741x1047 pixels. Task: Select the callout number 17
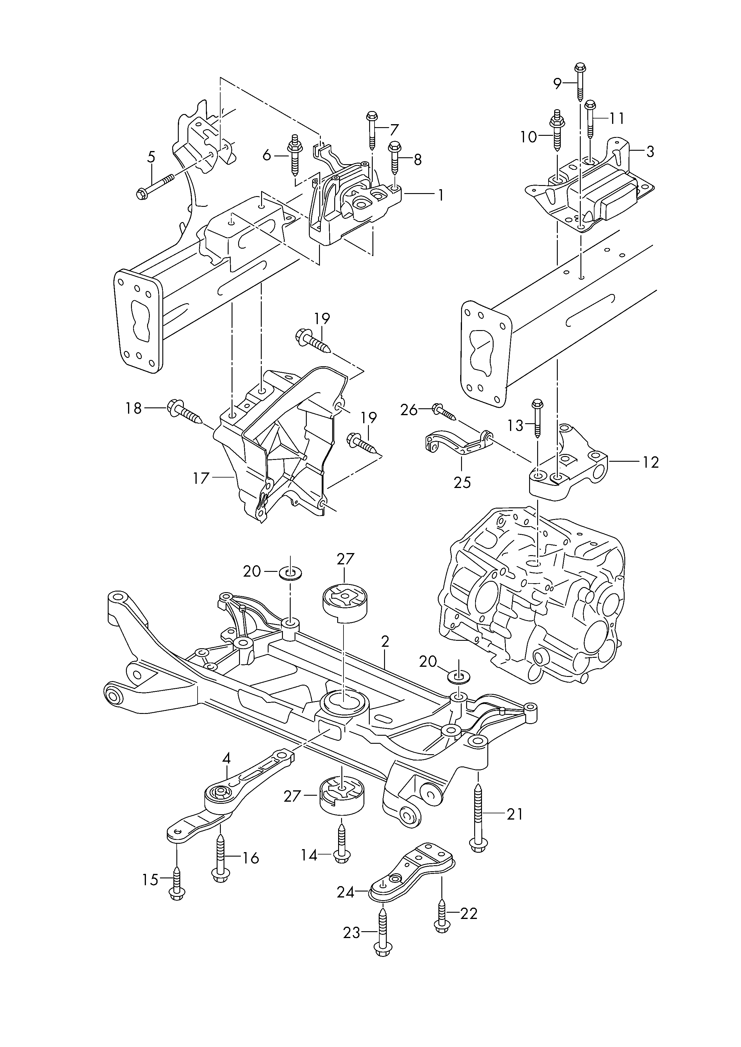[x=201, y=478]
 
